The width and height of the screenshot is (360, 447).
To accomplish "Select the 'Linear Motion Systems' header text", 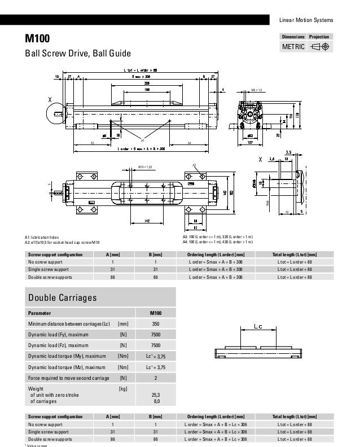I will [306, 21].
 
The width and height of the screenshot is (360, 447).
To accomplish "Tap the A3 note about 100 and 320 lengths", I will [216, 237].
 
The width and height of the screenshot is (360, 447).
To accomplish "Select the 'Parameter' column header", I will [39, 312].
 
